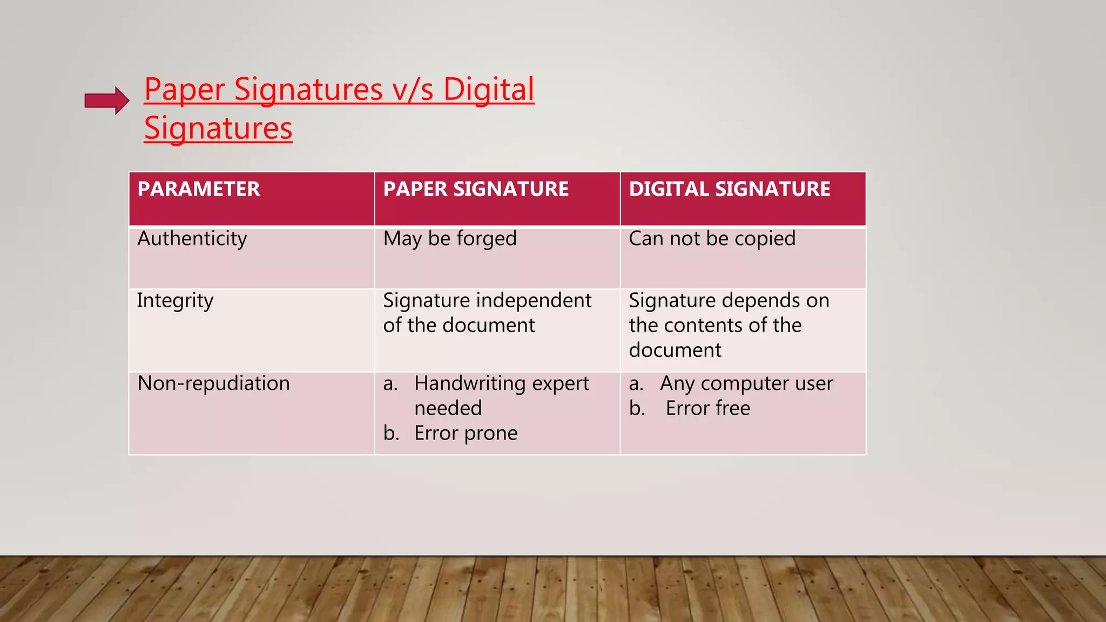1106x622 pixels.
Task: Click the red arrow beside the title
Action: coord(107,100)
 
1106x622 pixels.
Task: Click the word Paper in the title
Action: coord(184,90)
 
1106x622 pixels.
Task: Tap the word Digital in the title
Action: coord(488,90)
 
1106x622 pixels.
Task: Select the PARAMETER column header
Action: coord(199,190)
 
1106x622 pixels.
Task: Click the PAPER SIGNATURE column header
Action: coord(476,190)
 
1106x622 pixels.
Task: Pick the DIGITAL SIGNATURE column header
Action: coord(730,190)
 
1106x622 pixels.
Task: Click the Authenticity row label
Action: coord(192,239)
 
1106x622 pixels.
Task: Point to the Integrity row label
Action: coord(175,301)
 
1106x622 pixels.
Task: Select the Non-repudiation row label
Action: coord(214,383)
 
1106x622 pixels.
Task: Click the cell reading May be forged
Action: coord(450,239)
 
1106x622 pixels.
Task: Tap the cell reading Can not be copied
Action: coord(712,239)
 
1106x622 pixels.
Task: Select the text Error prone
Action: coord(466,433)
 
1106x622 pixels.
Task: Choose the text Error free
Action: coord(707,408)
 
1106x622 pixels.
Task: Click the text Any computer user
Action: coord(746,383)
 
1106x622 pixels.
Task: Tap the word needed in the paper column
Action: coord(448,408)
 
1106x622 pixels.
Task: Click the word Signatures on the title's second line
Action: coord(218,129)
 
